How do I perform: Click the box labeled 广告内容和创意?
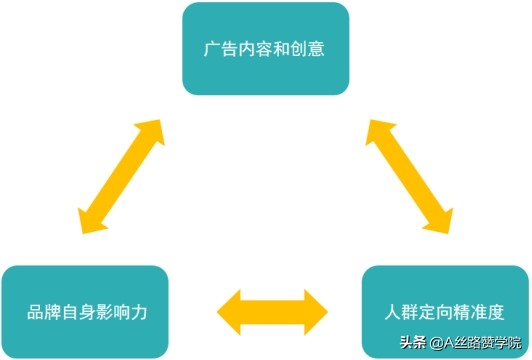[x=265, y=48]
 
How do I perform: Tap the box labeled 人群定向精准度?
[x=444, y=310]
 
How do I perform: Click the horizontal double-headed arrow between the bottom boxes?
[x=272, y=311]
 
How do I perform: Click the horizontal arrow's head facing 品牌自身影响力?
[x=231, y=311]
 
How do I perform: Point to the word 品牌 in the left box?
[x=40, y=311]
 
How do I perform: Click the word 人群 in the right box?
[x=399, y=310]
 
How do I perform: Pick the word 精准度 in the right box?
[x=478, y=310]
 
